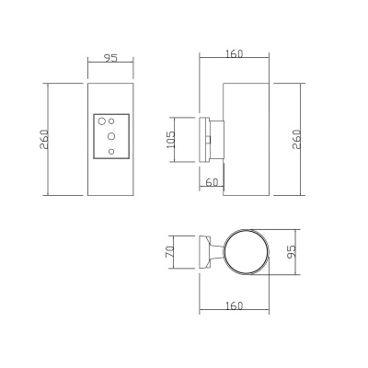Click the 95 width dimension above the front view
point(110,58)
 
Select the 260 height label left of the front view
point(44,139)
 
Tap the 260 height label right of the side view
point(296,139)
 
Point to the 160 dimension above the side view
point(235,53)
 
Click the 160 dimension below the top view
point(235,305)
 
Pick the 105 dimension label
point(170,140)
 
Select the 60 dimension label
point(212,182)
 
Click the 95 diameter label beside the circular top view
point(292,252)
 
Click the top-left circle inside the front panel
point(101,121)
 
